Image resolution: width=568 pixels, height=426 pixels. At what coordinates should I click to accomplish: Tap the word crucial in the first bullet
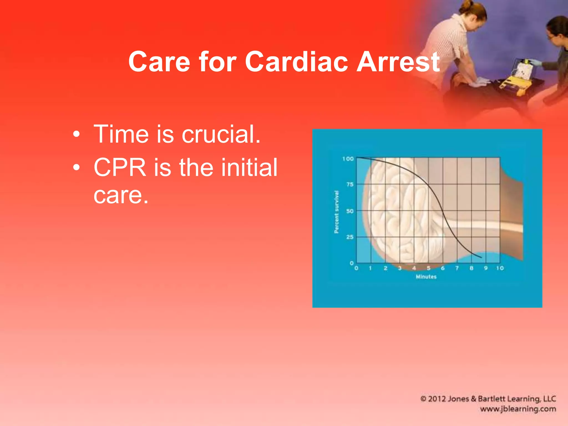221,134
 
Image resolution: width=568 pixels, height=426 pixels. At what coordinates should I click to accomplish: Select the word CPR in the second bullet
120,168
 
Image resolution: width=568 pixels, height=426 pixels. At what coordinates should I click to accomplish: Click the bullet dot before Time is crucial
77,135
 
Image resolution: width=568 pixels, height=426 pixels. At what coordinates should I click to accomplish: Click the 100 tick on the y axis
348,159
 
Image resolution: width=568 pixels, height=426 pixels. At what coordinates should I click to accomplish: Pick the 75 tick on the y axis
350,184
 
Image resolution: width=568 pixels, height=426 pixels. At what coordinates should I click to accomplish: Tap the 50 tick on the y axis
350,211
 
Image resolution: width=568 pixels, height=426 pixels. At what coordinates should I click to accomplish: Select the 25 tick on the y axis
350,237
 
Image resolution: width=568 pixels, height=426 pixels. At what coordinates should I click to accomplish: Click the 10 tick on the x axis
500,268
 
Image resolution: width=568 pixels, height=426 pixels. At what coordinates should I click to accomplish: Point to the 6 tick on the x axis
443,268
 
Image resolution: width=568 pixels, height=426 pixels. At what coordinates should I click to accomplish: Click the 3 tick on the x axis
400,268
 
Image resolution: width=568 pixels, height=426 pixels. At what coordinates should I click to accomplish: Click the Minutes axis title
426,277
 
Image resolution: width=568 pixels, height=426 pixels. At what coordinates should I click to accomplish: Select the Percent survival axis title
336,212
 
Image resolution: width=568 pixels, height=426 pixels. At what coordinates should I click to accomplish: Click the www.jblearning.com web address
518,409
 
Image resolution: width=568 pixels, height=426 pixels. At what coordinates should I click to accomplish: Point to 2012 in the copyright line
437,399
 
